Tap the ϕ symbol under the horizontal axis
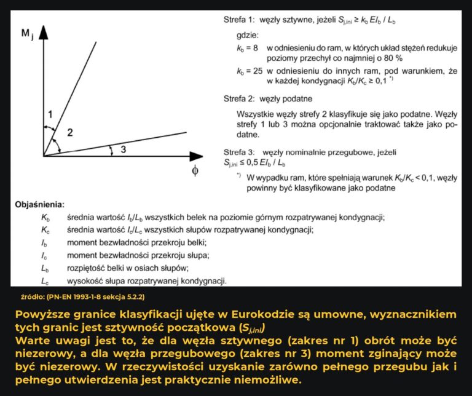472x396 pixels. coord(194,170)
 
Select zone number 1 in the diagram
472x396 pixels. coord(51,113)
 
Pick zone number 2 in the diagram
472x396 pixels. coord(70,132)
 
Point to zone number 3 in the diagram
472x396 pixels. coord(123,149)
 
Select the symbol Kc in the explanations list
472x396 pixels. coord(45,230)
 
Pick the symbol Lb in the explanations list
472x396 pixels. coord(45,269)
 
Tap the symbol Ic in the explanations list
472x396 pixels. coord(44,256)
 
